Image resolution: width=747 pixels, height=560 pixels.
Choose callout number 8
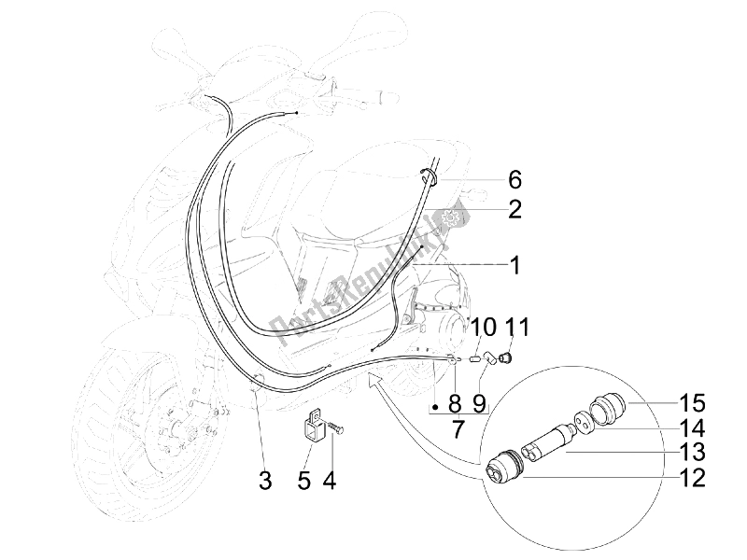(455, 405)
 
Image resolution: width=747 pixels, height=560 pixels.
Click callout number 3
(265, 481)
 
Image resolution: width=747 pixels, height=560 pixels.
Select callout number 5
(303, 481)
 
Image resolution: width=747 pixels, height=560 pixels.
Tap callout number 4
(330, 481)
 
